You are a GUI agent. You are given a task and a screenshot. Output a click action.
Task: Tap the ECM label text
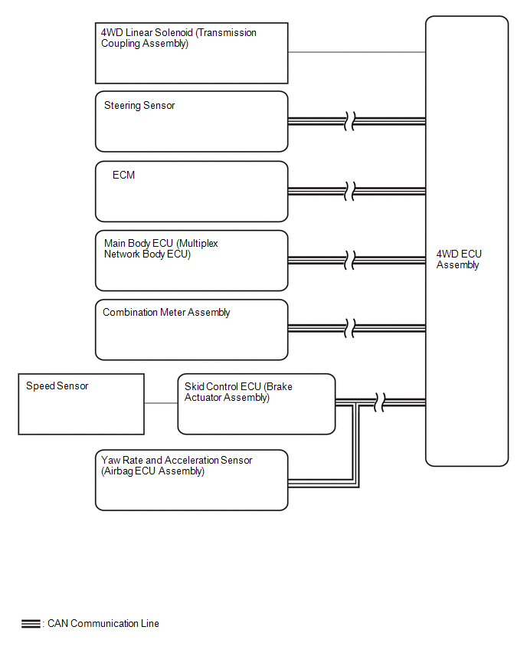pos(123,175)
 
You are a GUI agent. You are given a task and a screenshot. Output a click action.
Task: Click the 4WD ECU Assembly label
pos(459,260)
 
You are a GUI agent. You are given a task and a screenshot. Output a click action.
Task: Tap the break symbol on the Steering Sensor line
pos(349,121)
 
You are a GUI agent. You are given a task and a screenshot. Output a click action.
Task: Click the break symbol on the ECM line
pos(349,191)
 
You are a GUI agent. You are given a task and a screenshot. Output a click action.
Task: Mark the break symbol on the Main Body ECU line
pos(349,261)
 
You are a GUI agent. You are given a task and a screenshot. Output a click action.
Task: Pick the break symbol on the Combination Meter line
pos(349,328)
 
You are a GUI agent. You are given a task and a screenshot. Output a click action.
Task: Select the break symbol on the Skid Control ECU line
pos(379,402)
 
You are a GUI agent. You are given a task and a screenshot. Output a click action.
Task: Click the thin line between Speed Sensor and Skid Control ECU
pos(161,403)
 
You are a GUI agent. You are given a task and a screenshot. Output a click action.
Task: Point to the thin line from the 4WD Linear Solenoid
pos(357,52)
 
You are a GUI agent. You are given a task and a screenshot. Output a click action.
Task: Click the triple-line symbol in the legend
pos(31,624)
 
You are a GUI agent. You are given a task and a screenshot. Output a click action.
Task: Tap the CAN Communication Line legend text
pos(103,623)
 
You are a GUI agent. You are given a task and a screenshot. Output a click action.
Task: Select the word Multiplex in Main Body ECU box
pos(198,243)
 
